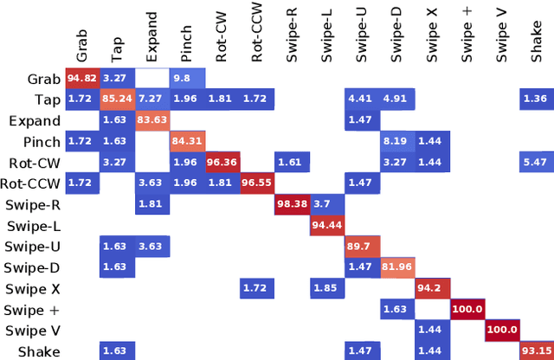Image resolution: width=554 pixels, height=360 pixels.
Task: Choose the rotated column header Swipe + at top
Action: [467, 40]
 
